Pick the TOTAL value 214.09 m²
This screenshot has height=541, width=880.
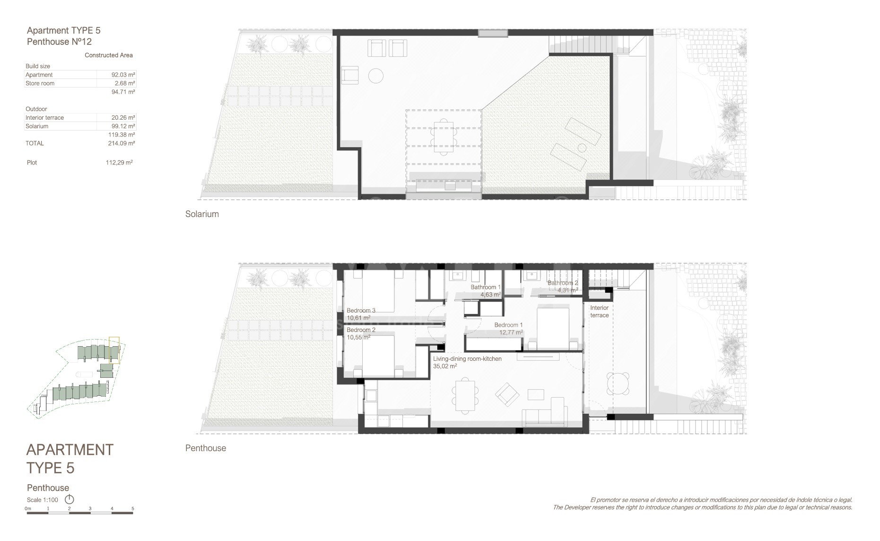pyautogui.click(x=122, y=143)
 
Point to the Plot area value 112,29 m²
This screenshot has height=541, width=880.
pyautogui.click(x=119, y=162)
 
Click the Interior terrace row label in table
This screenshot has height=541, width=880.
pyautogui.click(x=44, y=118)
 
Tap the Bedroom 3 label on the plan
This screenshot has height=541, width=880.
pyautogui.click(x=361, y=311)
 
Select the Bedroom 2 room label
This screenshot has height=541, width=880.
pyautogui.click(x=361, y=330)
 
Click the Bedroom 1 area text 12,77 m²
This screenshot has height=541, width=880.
pyautogui.click(x=511, y=332)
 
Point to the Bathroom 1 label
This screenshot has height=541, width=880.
pyautogui.click(x=485, y=287)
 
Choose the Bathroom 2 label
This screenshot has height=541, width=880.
pyautogui.click(x=563, y=283)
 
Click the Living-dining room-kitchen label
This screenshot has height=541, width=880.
pyautogui.click(x=467, y=359)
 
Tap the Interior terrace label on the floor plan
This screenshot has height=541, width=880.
pyautogui.click(x=599, y=312)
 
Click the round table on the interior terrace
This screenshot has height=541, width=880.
pyautogui.click(x=619, y=384)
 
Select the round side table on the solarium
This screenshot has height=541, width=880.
pyautogui.click(x=376, y=76)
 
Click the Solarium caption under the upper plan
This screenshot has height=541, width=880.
pyautogui.click(x=202, y=214)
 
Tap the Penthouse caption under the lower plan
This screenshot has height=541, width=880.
pyautogui.click(x=206, y=448)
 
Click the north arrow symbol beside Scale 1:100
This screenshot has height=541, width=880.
pyautogui.click(x=70, y=499)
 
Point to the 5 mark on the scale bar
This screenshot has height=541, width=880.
pyautogui.click(x=133, y=509)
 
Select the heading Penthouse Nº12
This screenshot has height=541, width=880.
pyautogui.click(x=59, y=42)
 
